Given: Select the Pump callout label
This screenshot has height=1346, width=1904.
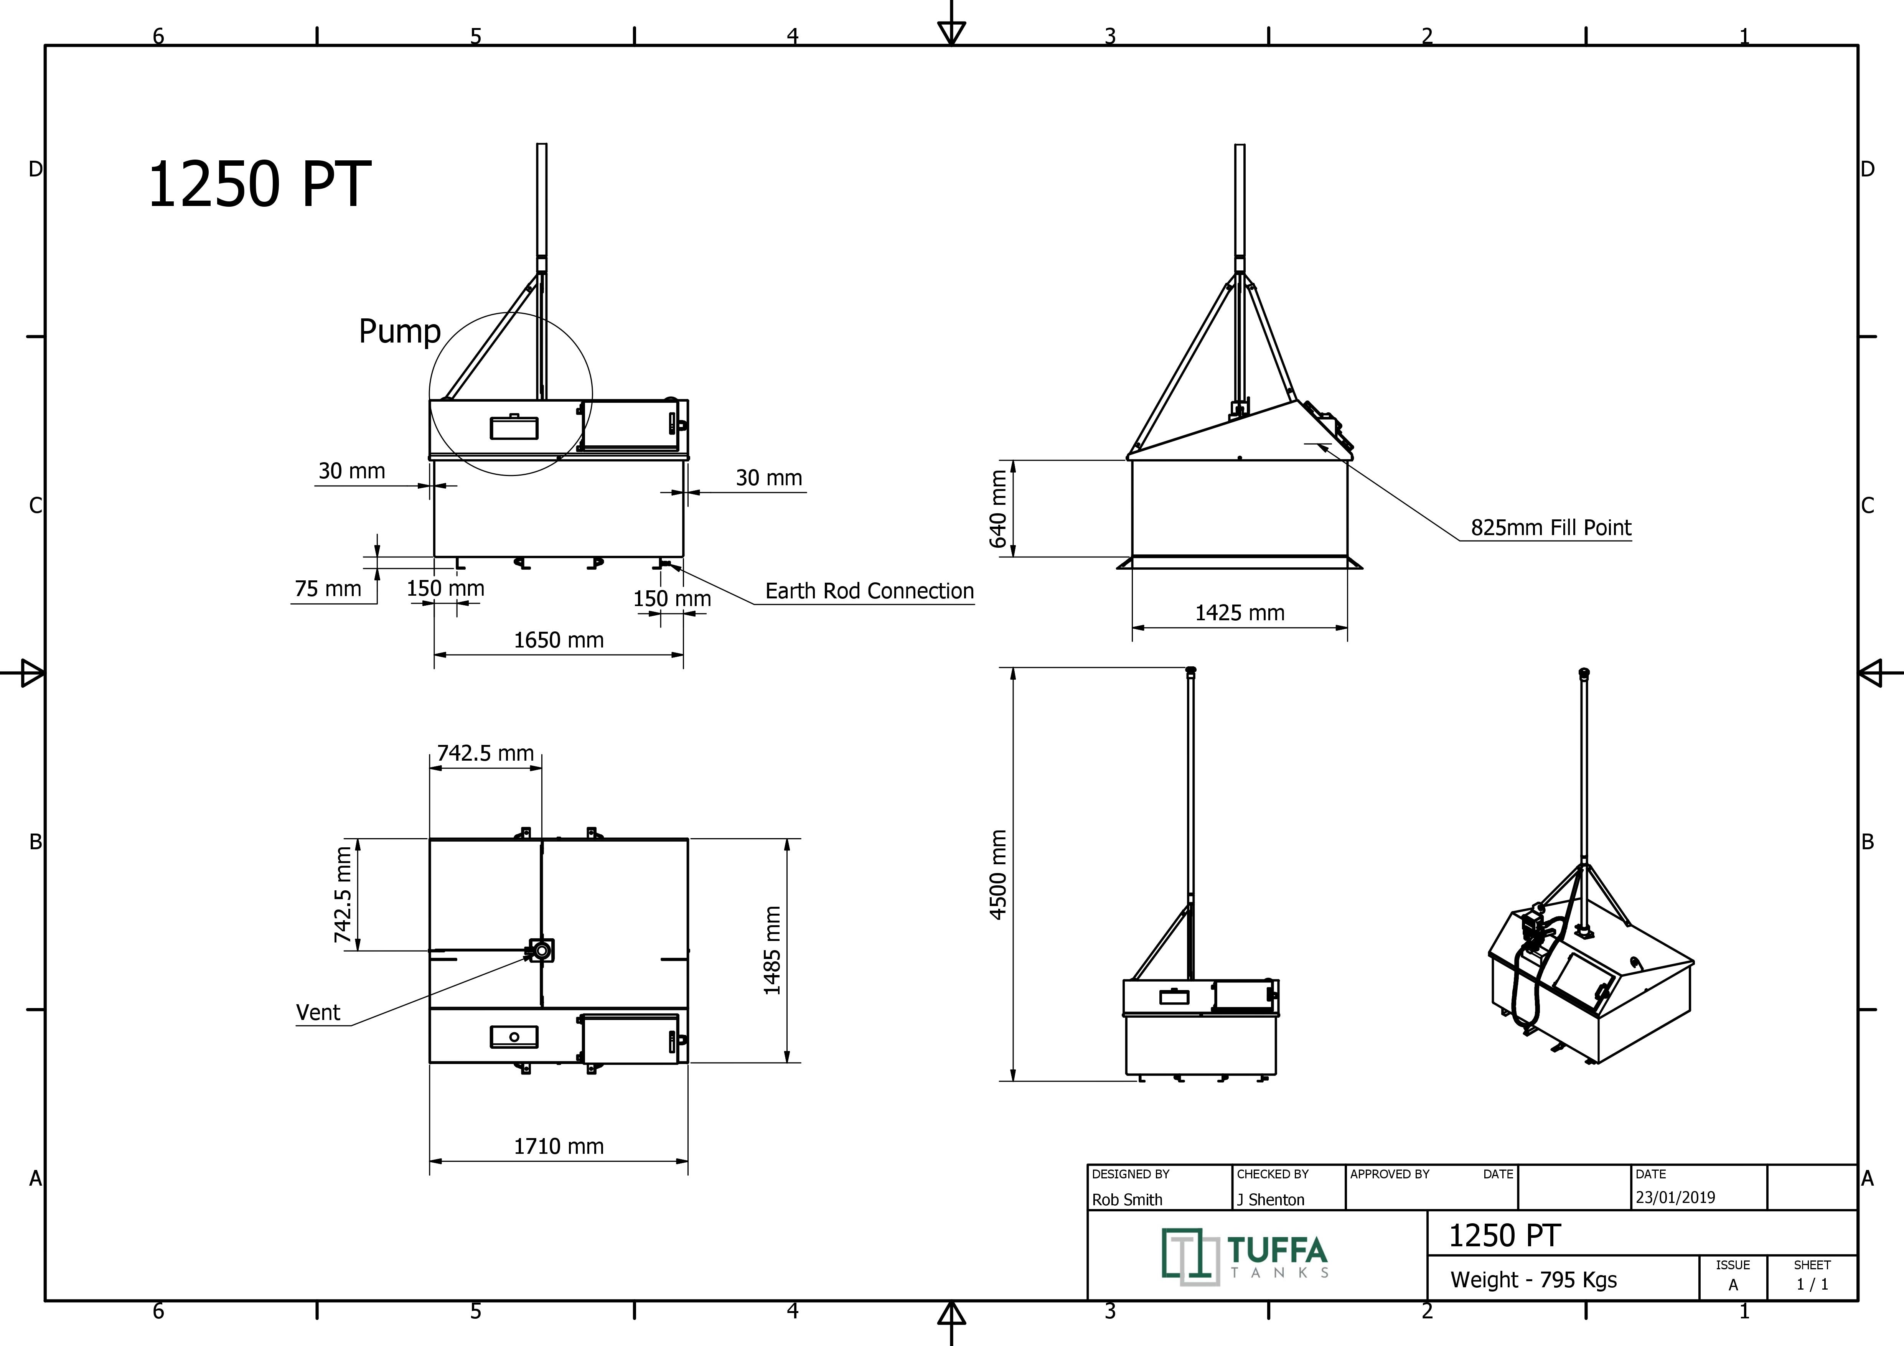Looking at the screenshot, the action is click(399, 331).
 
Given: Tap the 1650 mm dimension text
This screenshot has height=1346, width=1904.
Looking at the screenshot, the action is click(559, 640).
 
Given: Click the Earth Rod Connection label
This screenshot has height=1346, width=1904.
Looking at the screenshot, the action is click(869, 591).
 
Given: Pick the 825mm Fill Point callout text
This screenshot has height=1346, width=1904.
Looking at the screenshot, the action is click(1551, 528).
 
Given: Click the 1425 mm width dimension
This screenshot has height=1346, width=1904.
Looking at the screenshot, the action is click(1240, 613).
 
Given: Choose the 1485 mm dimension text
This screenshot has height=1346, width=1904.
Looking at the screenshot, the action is click(772, 951).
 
